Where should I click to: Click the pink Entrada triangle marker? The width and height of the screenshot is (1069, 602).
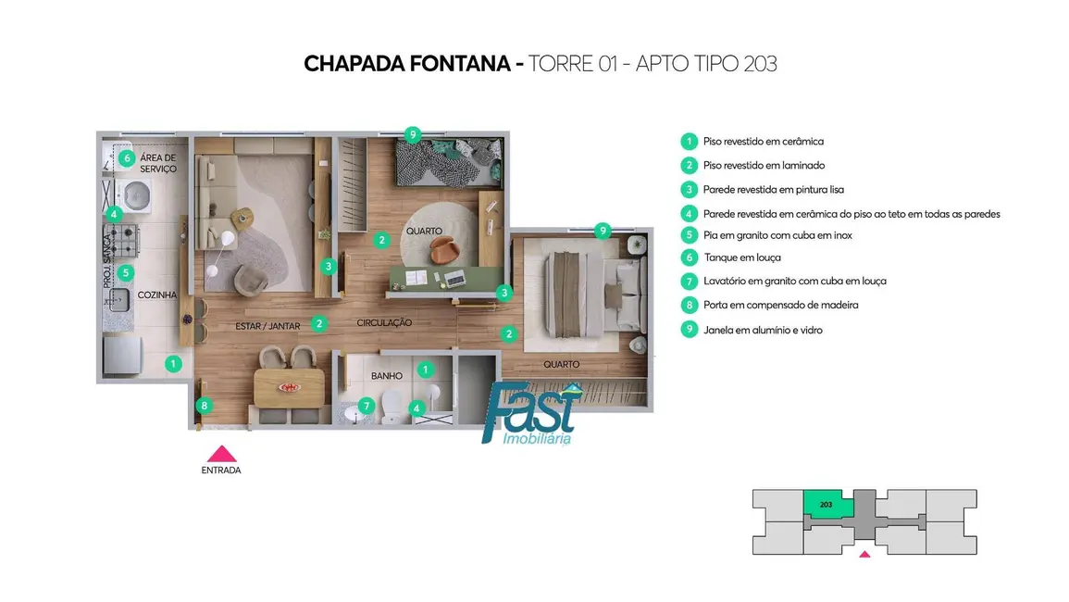pyautogui.click(x=221, y=455)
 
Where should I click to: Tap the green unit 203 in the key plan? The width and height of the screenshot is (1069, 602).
pyautogui.click(x=827, y=505)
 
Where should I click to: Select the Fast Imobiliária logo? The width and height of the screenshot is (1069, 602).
pyautogui.click(x=531, y=413)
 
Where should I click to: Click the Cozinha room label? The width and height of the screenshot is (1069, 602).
pyautogui.click(x=156, y=295)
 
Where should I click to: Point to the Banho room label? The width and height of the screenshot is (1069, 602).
pyautogui.click(x=387, y=376)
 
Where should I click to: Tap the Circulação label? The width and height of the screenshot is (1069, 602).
pyautogui.click(x=384, y=323)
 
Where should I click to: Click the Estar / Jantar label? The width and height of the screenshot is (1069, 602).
pyautogui.click(x=267, y=326)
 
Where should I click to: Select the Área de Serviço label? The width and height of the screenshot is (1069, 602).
pyautogui.click(x=158, y=163)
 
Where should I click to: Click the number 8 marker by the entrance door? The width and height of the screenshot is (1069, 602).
pyautogui.click(x=204, y=406)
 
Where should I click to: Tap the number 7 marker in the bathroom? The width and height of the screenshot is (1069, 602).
pyautogui.click(x=367, y=406)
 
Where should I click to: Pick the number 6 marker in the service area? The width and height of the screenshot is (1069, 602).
pyautogui.click(x=127, y=158)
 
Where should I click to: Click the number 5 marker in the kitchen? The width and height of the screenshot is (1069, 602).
pyautogui.click(x=126, y=273)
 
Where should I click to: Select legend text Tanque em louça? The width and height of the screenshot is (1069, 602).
pyautogui.click(x=741, y=258)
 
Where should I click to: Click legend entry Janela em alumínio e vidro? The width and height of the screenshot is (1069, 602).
pyautogui.click(x=763, y=331)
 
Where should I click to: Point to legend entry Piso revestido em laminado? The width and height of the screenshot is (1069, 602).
pyautogui.click(x=764, y=166)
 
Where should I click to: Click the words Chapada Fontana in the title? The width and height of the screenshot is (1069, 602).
pyautogui.click(x=407, y=64)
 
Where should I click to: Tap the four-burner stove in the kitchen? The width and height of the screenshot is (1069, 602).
pyautogui.click(x=124, y=240)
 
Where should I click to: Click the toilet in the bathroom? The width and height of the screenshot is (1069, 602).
pyautogui.click(x=393, y=407)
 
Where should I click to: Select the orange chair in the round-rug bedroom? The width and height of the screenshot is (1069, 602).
pyautogui.click(x=443, y=250)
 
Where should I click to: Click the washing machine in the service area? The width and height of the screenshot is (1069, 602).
pyautogui.click(x=133, y=196)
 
